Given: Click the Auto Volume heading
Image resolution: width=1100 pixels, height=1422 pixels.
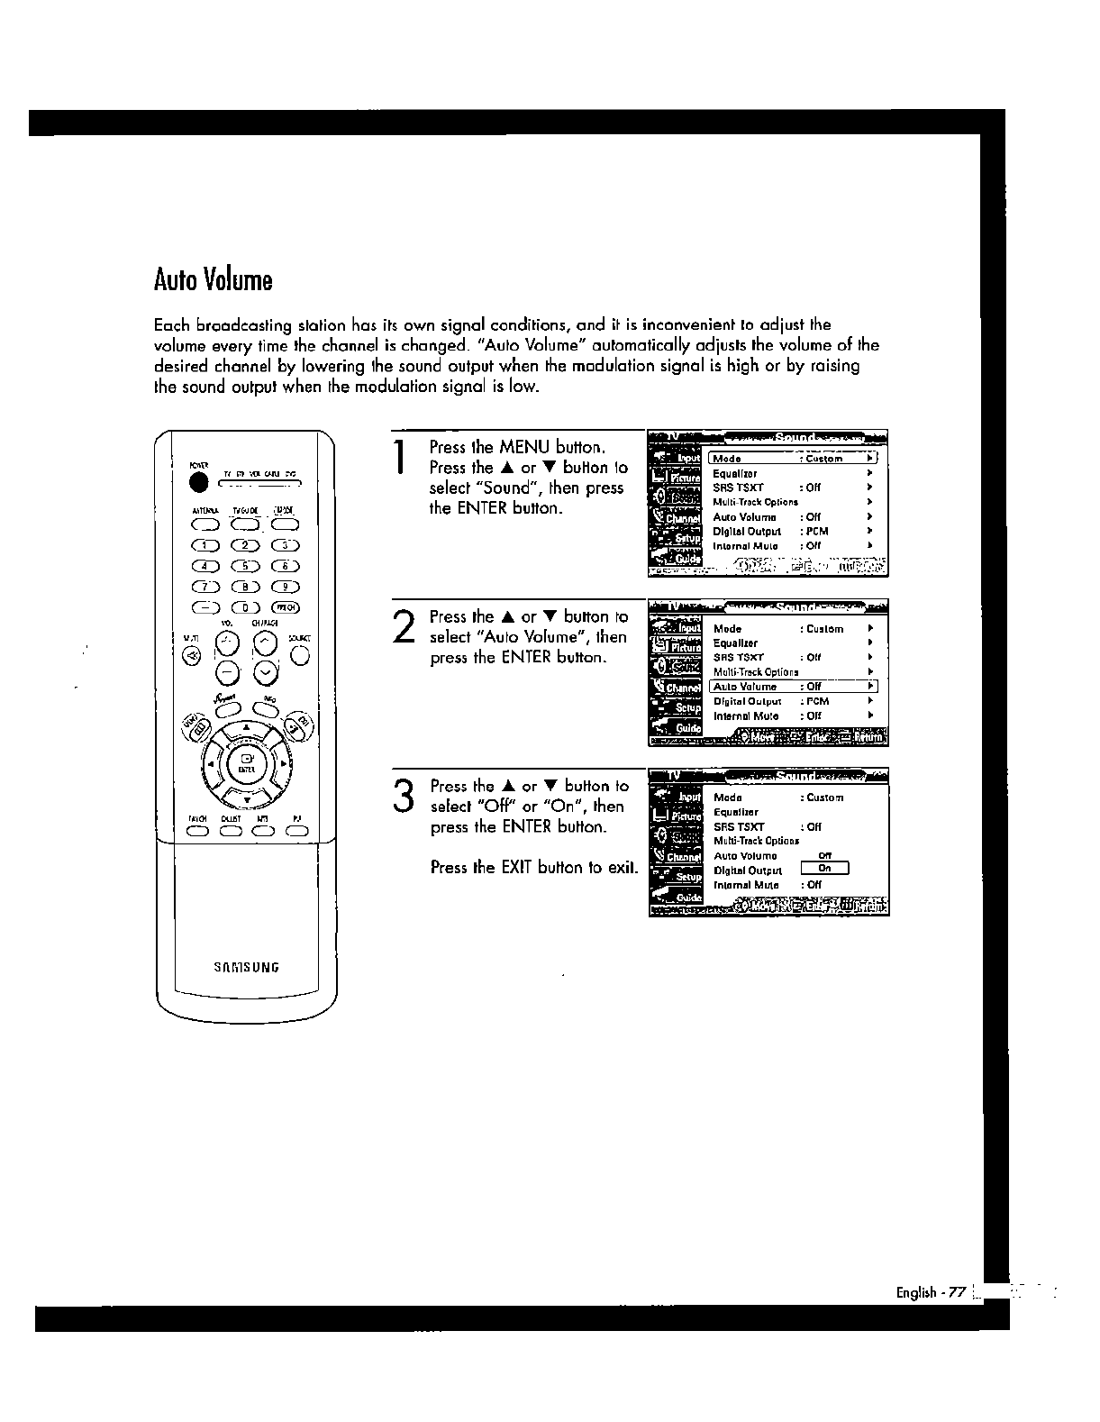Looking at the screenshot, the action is tap(213, 280).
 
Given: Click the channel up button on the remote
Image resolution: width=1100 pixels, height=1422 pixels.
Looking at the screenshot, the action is tap(266, 642).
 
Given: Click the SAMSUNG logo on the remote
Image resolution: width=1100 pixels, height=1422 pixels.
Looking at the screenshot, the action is tap(246, 968).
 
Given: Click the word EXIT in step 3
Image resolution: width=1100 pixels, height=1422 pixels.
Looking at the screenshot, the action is tap(517, 868).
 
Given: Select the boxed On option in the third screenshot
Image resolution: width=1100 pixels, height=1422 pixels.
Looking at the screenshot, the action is tap(825, 870).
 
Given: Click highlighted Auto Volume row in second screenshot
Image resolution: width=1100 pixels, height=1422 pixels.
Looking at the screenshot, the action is tap(793, 687).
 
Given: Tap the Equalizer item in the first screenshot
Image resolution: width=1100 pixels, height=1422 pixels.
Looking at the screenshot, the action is tap(735, 473).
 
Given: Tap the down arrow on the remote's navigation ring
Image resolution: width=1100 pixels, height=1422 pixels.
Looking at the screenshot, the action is tap(246, 800).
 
